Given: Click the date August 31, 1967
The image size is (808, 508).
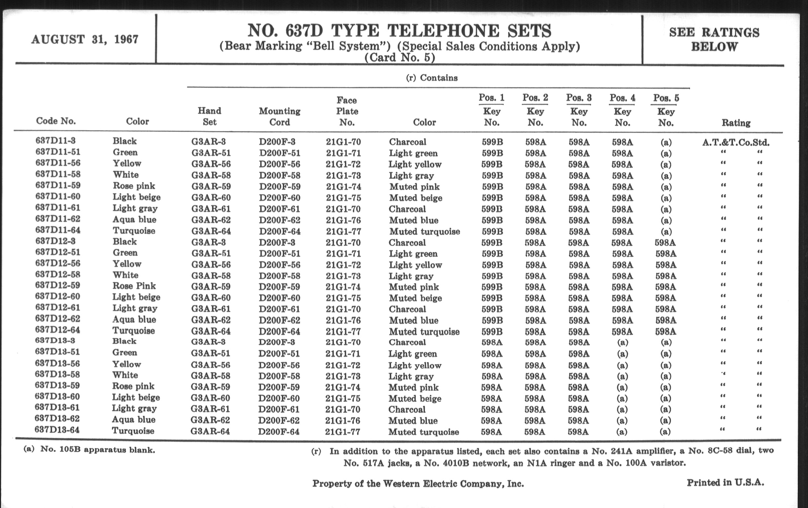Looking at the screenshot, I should tap(85, 40).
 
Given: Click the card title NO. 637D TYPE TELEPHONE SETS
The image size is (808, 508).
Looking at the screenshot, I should tap(399, 31).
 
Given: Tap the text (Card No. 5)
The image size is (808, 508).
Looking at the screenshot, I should tap(400, 58).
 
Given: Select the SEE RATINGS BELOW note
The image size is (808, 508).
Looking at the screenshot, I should tap(714, 39).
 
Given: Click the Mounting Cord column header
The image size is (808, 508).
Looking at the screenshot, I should tap(279, 116).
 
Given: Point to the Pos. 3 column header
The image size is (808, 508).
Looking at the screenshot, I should tap(579, 98).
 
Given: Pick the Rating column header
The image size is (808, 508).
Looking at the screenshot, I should tap(736, 123).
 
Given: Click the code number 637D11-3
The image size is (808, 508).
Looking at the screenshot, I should tap(56, 140).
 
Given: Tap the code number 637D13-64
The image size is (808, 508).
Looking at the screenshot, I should tap(57, 430).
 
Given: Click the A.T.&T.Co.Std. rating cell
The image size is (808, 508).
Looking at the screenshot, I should tap(736, 142).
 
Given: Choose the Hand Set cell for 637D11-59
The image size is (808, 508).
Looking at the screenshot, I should tap(211, 187).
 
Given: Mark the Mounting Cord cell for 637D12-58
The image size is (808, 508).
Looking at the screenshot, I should tap(279, 276).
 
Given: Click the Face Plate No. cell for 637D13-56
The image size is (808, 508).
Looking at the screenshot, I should tap(343, 365).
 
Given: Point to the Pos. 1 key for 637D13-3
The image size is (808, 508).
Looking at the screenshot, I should tap(492, 342).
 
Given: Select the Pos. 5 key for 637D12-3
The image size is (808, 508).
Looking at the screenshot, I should tap(665, 242).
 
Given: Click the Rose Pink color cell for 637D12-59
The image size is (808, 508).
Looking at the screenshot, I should tap(134, 286).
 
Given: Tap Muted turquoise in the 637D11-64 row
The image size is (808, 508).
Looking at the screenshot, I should tap(425, 231).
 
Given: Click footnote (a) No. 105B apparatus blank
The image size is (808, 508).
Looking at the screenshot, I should tap(89, 450).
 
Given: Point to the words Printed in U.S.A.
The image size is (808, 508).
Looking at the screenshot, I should tap(725, 482).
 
